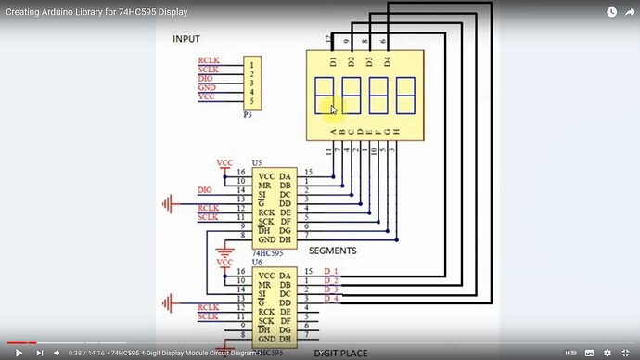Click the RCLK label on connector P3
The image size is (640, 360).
[208, 62]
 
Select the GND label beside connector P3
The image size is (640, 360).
[206, 88]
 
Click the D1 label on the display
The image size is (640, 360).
[334, 62]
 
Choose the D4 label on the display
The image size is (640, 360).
[387, 62]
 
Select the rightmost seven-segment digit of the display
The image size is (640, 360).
[405, 96]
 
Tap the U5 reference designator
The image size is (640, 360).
[257, 162]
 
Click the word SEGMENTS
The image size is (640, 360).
[332, 251]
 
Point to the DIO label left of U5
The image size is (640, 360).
[205, 190]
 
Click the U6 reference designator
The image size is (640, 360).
[257, 264]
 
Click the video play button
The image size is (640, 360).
[17, 353]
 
